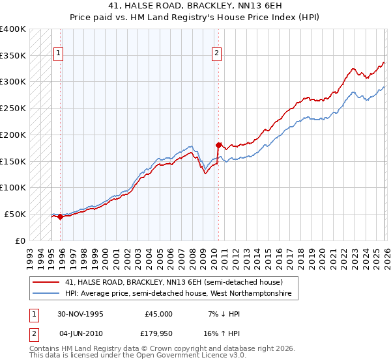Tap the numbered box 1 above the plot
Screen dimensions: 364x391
tap(59, 53)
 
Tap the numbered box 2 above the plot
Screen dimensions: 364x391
tap(216, 53)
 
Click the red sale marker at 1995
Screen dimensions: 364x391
tap(61, 217)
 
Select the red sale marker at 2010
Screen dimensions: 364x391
tap(218, 145)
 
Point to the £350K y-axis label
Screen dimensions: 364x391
tap(13, 56)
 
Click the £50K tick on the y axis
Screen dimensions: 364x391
tap(16, 214)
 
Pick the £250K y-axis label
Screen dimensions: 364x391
tap(13, 109)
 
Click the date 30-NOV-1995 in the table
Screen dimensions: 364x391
tap(81, 314)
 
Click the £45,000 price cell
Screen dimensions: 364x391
tap(158, 314)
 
